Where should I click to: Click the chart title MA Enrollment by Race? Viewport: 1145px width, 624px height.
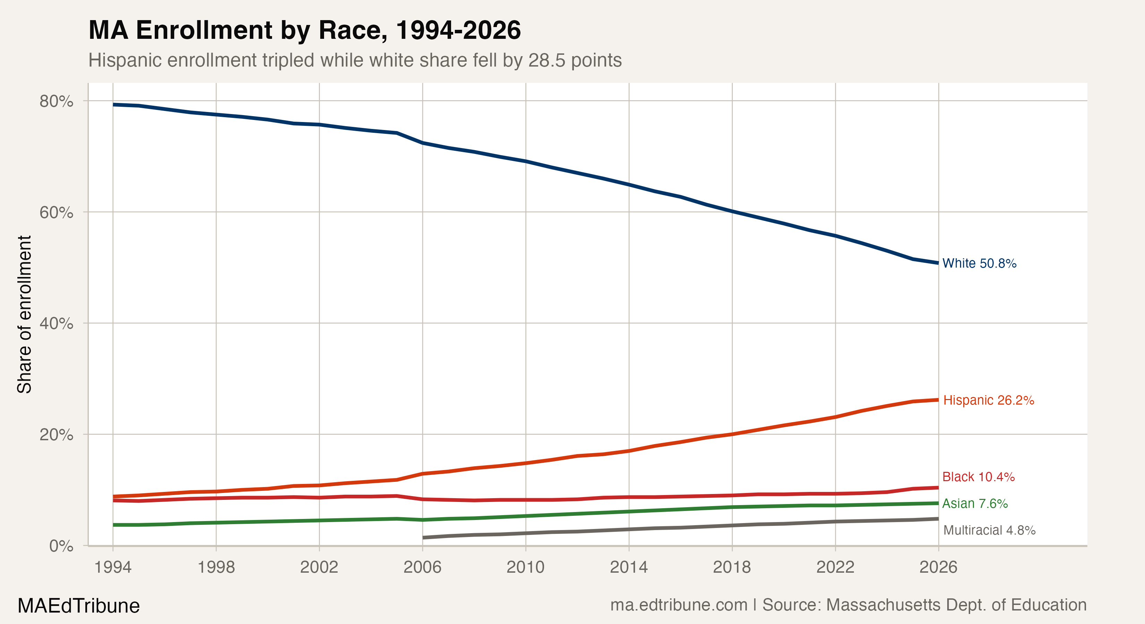point(305,30)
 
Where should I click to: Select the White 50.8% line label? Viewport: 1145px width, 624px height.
point(979,263)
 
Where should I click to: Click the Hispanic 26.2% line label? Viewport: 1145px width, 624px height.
point(989,400)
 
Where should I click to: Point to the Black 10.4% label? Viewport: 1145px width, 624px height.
point(978,477)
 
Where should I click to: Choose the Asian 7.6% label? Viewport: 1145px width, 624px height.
point(975,504)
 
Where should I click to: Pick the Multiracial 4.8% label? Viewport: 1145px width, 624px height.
point(989,530)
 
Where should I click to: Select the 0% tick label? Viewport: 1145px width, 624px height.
point(61,546)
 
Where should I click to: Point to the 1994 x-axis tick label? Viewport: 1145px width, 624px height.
point(113,567)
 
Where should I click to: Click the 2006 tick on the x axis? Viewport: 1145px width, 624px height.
point(422,567)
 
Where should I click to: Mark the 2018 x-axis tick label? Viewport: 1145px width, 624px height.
point(732,567)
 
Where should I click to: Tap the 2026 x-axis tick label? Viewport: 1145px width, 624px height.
point(938,567)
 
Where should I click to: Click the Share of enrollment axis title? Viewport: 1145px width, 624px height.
point(24,314)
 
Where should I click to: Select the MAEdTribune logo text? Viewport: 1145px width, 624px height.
point(79,606)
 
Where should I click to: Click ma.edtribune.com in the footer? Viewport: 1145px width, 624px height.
point(679,605)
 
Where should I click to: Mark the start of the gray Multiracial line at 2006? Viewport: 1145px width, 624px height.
point(423,537)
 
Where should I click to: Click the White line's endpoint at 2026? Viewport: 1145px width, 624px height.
point(938,263)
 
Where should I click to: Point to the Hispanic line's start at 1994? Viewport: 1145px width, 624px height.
point(114,496)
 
